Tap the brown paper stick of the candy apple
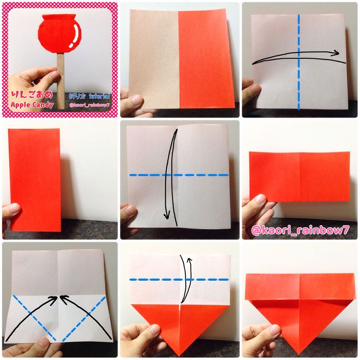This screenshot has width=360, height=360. [61, 81]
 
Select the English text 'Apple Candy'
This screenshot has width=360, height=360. [32, 105]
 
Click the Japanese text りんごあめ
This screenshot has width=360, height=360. [32, 94]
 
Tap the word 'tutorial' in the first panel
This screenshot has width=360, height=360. [99, 96]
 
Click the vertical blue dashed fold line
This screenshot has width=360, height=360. [299, 62]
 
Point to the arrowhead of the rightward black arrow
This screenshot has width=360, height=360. [336, 53]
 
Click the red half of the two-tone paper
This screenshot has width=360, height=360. [206, 59]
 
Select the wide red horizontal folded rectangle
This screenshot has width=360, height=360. [300, 176]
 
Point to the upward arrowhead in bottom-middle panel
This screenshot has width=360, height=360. [190, 260]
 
